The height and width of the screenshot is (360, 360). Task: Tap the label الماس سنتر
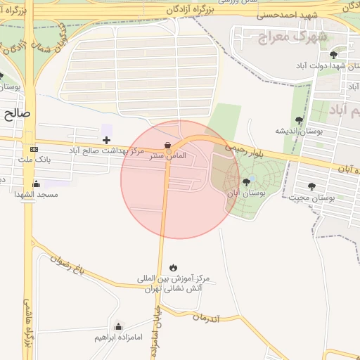(172, 155)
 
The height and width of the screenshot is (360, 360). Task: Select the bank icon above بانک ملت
(34, 150)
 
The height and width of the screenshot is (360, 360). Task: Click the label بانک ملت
(34, 160)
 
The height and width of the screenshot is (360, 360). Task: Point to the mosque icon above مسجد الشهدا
(36, 184)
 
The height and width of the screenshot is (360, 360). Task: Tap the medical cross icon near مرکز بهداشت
(106, 141)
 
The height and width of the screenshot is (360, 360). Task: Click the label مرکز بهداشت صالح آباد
(106, 150)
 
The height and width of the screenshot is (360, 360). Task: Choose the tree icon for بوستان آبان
(245, 182)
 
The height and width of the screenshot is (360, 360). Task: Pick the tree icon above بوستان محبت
(311, 186)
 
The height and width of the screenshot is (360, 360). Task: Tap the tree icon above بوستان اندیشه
(300, 120)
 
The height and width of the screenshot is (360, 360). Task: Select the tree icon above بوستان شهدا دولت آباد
(333, 54)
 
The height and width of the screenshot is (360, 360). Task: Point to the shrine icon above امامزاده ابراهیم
(118, 326)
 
